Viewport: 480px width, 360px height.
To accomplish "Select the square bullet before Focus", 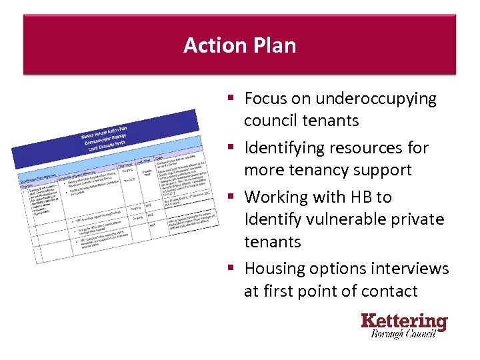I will (230, 99).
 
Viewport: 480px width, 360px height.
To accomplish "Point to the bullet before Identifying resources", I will (230, 148).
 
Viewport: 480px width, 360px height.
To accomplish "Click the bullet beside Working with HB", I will (230, 197).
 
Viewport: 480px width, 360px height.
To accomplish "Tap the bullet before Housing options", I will (230, 269).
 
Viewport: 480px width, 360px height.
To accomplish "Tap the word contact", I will (389, 291).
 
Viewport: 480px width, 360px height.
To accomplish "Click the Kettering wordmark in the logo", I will (404, 321).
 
